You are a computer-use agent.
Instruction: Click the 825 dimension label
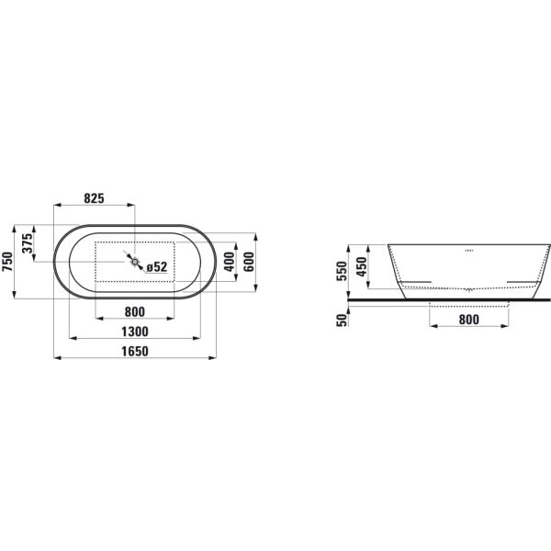95,198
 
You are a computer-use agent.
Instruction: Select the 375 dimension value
27,243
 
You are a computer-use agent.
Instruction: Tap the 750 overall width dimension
7,262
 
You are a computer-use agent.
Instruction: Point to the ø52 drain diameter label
157,267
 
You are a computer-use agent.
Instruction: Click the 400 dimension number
229,262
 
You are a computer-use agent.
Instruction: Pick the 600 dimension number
249,262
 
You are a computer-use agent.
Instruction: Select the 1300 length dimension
135,332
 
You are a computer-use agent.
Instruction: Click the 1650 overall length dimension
135,351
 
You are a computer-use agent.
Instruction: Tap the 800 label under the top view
135,311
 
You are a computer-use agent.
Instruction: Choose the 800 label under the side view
468,320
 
